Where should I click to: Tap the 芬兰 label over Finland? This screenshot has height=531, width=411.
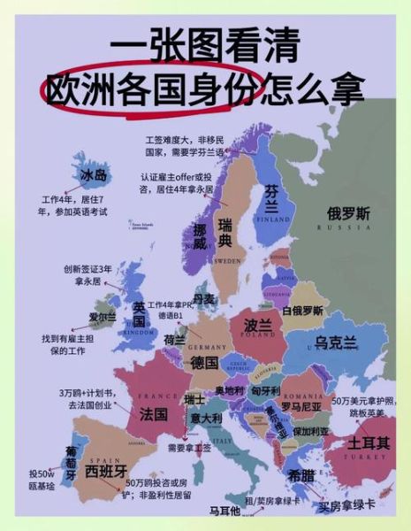[x=272, y=199]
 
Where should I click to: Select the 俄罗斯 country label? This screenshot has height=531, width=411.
[x=349, y=213]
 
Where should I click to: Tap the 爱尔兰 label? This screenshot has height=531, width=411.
[x=103, y=317]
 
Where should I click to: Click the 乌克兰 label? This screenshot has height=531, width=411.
[x=335, y=342]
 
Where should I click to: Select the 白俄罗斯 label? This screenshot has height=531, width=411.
[x=303, y=311]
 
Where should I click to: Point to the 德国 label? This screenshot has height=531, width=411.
[x=204, y=363]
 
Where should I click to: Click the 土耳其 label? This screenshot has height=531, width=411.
[x=368, y=442]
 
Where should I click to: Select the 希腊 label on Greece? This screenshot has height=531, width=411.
[x=301, y=473]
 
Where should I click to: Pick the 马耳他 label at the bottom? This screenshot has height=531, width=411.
[x=225, y=512]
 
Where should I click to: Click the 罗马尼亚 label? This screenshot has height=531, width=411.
[x=301, y=406]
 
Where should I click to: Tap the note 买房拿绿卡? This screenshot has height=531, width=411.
[x=347, y=507]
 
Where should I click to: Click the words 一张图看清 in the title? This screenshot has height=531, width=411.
[x=205, y=44]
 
